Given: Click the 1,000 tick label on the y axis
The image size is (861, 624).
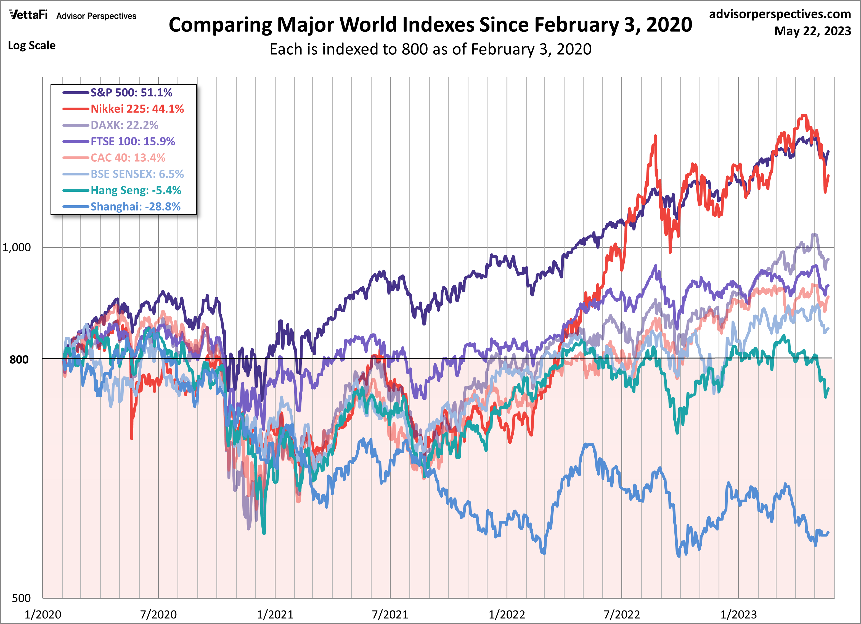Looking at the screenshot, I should click(x=17, y=247).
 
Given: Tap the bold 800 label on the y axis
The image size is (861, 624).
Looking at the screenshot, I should click(x=19, y=359).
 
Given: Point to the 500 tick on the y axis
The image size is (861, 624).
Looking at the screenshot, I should click(x=21, y=598).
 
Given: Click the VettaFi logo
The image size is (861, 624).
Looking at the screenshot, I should click(x=28, y=15).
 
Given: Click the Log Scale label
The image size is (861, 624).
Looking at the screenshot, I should click(x=32, y=46).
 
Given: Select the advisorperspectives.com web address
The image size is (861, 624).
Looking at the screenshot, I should click(x=780, y=14).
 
